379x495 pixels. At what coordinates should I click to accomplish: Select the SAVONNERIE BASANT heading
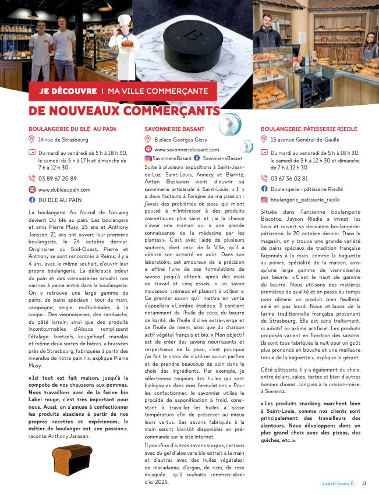tap(175, 129)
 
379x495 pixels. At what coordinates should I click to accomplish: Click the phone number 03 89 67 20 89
tap(58, 179)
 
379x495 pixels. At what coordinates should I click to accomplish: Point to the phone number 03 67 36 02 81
tap(289, 178)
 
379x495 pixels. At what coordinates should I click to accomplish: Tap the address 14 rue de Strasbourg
tap(63, 140)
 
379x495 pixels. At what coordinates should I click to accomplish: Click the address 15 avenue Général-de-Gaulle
tap(303, 140)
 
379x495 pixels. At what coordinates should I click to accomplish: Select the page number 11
tap(364, 483)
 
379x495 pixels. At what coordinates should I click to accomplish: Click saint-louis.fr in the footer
tap(338, 483)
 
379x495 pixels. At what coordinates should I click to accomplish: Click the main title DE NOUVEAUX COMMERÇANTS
tap(125, 111)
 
